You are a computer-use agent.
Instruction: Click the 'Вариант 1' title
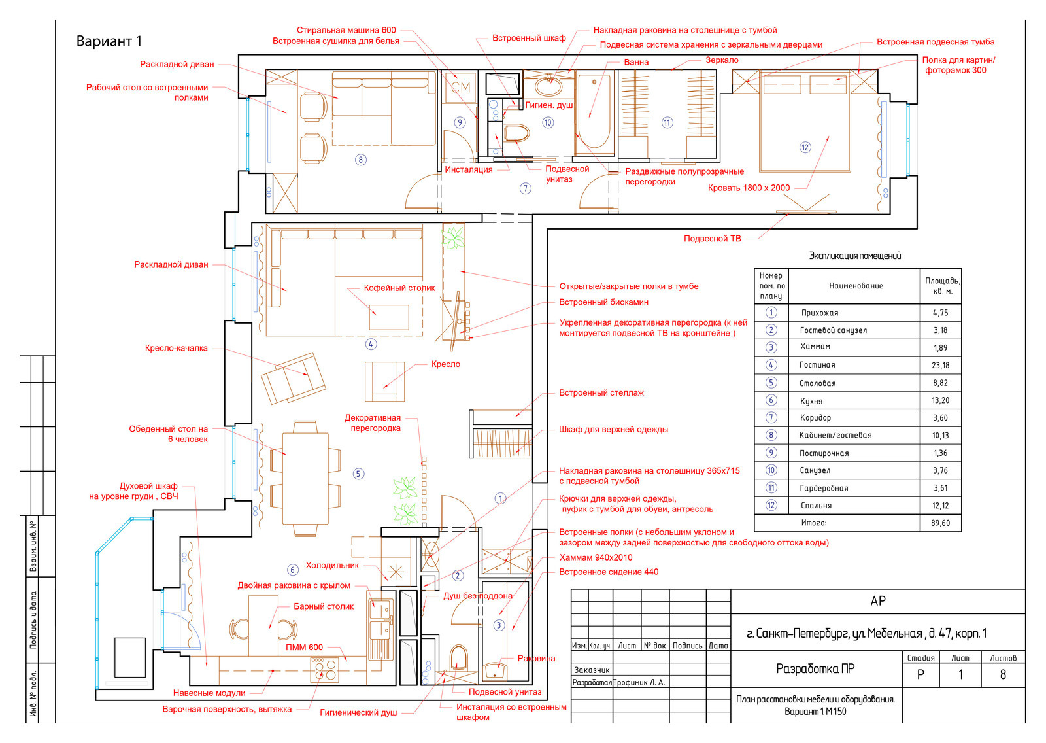[x=109, y=42]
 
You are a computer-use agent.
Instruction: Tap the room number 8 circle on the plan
[x=360, y=160]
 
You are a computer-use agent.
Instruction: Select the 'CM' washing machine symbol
[x=460, y=88]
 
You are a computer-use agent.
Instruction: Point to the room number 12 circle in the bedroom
[x=805, y=148]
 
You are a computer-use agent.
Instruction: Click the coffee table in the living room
[x=389, y=318]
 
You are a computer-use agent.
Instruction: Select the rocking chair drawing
[x=294, y=379]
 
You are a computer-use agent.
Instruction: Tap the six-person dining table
[x=305, y=479]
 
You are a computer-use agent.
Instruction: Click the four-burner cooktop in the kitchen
[x=324, y=670]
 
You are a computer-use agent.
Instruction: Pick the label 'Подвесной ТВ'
[x=712, y=239]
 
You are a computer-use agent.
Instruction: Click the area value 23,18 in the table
[x=941, y=366]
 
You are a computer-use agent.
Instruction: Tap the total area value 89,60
[x=941, y=523]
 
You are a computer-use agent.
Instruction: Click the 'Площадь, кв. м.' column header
[x=942, y=286]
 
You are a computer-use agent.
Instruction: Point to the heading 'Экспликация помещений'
[x=854, y=256]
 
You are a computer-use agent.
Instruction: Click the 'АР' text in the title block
[x=878, y=601]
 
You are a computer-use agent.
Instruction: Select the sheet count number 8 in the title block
[x=1003, y=675]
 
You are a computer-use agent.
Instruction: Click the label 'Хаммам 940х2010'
[x=596, y=557]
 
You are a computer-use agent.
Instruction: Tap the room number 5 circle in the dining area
[x=358, y=474]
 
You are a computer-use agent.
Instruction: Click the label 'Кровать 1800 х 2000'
[x=749, y=188]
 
